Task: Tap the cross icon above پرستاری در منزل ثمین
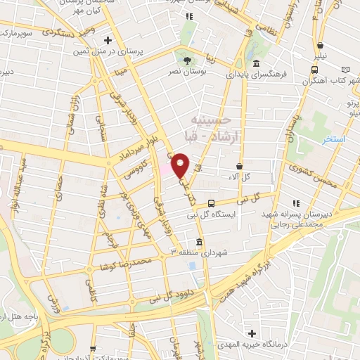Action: click(x=107, y=40)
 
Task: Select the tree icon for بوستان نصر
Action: click(x=186, y=59)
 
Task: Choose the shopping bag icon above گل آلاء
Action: click(x=240, y=166)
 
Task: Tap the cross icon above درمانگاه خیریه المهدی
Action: click(x=252, y=333)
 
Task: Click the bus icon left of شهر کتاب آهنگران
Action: click(x=314, y=69)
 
